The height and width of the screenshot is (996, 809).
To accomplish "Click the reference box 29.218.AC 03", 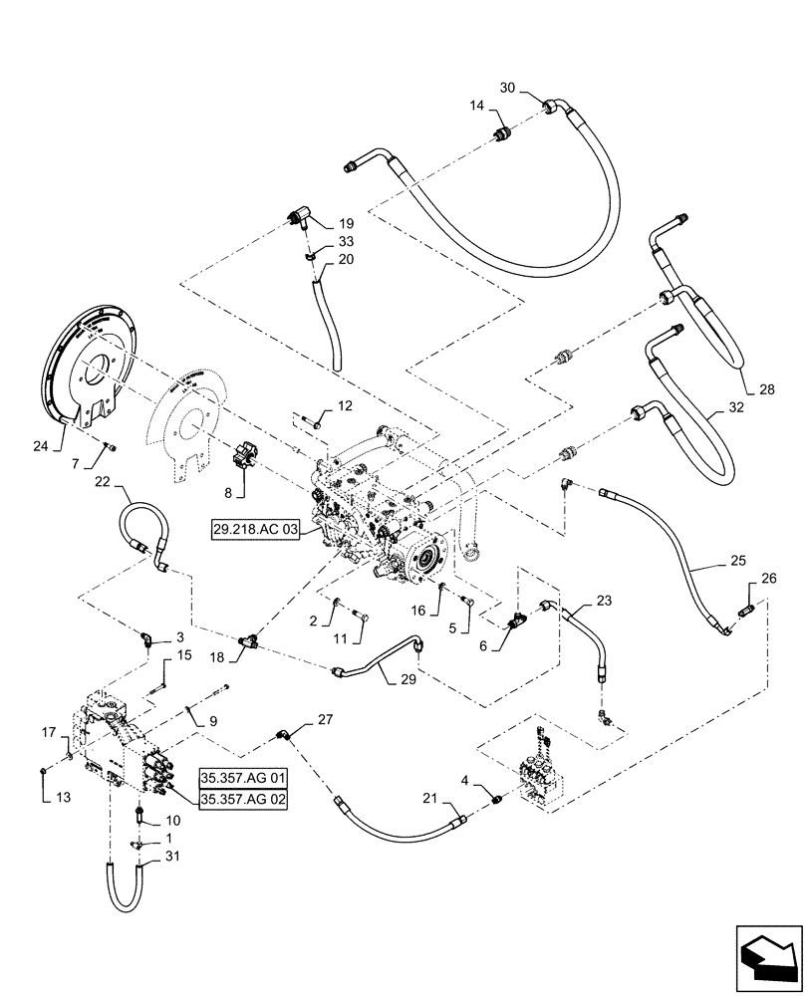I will point(255,528).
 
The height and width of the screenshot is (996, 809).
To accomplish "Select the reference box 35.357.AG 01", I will point(243,777).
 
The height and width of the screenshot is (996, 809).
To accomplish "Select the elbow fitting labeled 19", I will point(298,219).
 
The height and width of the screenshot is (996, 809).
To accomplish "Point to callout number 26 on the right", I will point(768,578).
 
